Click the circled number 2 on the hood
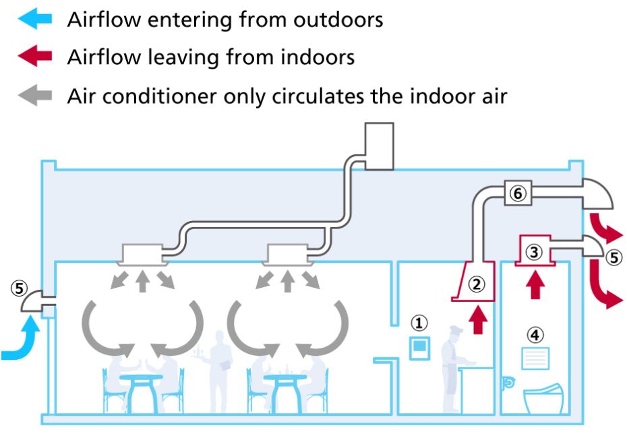pyautogui.click(x=477, y=284)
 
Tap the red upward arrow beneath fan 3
pyautogui.click(x=535, y=284)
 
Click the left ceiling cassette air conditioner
pyautogui.click(x=142, y=253)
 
